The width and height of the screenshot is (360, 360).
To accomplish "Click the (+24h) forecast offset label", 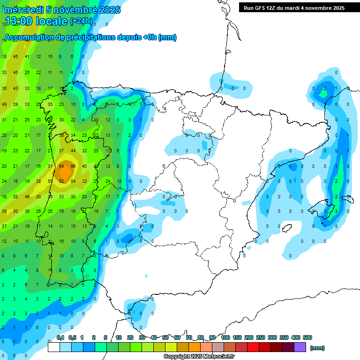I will [x=81, y=22].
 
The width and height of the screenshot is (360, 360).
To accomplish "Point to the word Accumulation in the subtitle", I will [x=30, y=37].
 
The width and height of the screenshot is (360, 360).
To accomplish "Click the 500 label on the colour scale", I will [x=307, y=337].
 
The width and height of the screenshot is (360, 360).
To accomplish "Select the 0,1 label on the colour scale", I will [x=60, y=337].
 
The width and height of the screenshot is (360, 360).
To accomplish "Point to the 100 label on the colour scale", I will [x=225, y=337].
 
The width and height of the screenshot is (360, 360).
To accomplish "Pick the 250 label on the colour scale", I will [x=260, y=337].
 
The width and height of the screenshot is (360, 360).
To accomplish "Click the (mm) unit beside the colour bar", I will [x=317, y=348].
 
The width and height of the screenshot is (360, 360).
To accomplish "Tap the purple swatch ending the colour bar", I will [x=300, y=347].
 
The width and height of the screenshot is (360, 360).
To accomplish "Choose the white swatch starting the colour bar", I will [x=54, y=347].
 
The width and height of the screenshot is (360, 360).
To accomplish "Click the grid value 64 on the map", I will [x=61, y=166].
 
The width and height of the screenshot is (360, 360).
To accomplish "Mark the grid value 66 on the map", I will [x=73, y=166].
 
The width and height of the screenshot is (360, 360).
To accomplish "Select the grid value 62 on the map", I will [x=61, y=181].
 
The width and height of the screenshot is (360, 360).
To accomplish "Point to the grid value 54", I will [x=73, y=181].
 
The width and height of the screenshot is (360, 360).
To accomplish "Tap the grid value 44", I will [x=73, y=151].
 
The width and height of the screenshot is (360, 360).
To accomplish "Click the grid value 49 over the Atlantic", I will [x=4, y=104].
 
